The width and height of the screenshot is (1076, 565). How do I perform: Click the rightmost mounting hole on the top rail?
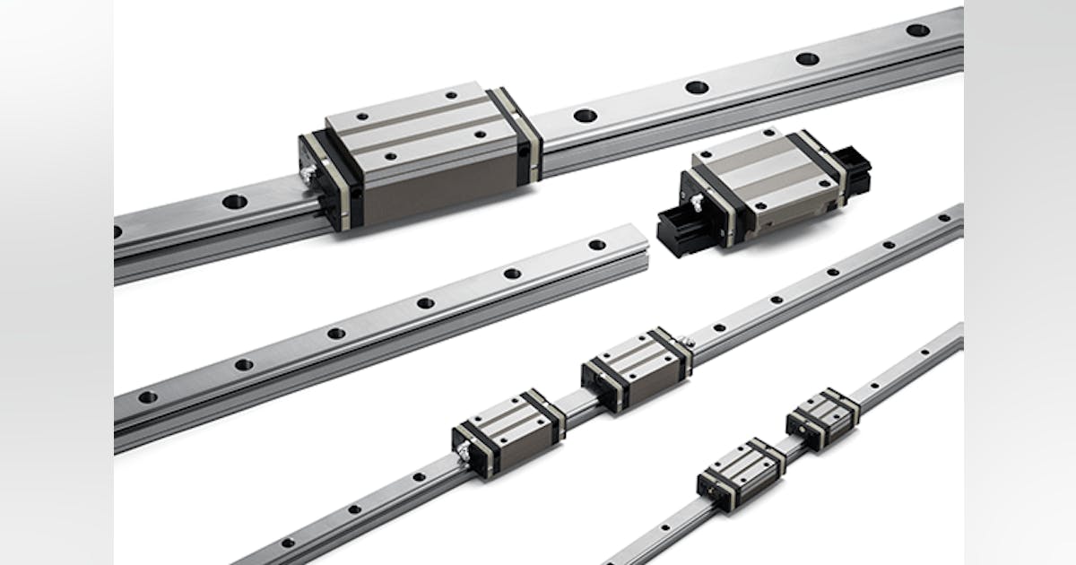point(917,30)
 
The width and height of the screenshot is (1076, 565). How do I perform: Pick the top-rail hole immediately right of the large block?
point(585,115)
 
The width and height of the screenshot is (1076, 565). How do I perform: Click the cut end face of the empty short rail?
point(638,261)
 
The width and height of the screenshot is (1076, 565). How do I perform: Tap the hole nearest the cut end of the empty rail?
point(597,244)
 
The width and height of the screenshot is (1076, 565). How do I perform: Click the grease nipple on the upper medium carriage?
point(689,342)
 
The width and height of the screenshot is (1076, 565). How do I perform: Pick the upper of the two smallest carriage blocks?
point(823,418)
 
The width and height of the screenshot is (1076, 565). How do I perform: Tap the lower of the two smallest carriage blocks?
point(741,474)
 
